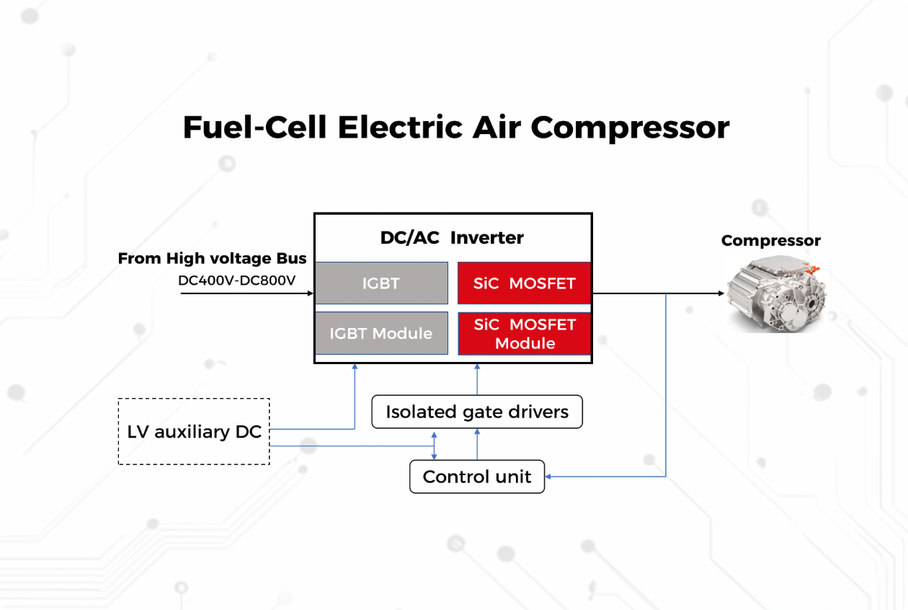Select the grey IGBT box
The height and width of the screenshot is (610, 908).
coord(381,283)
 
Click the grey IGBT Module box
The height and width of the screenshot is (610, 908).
coord(381,333)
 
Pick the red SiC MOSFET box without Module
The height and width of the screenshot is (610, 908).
coord(525,283)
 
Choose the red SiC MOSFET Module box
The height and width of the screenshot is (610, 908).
coord(525,334)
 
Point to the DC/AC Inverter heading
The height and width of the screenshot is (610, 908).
coord(452,237)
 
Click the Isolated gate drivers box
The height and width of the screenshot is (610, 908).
coord(477,412)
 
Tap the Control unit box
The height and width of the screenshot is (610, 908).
coord(477,477)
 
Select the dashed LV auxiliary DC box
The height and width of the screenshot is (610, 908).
coord(194,431)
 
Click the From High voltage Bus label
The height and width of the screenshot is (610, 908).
coord(212,258)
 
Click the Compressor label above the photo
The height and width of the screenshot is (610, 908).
coord(770,241)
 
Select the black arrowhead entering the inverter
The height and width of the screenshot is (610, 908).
coord(310,293)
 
